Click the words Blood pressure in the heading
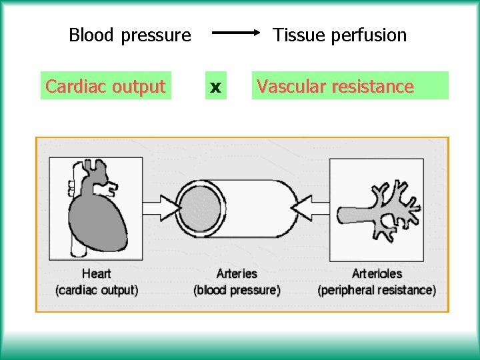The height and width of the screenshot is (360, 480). coord(130,35)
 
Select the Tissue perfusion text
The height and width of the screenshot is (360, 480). coord(339,35)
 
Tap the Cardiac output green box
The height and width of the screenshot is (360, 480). coord(105,86)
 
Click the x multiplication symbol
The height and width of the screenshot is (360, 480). coord(215,87)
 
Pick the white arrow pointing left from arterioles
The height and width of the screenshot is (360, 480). coord(311,209)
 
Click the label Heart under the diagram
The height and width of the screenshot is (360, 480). coord(97,273)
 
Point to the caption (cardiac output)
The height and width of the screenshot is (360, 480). coord(97,290)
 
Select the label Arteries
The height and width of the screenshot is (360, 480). coord(237,273)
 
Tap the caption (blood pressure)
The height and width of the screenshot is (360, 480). coord(237,290)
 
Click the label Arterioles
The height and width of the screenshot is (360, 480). coord(377,273)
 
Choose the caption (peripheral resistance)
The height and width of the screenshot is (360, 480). coord(377,290)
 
